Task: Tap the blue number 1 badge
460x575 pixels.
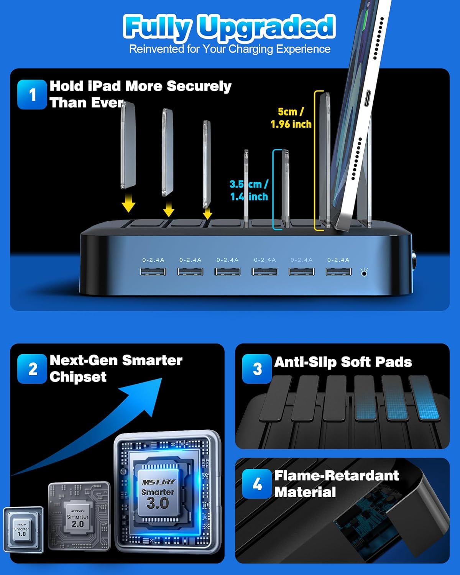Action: coord(32,95)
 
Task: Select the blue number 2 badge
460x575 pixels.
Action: coord(32,369)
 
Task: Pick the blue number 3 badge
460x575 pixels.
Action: coord(257,369)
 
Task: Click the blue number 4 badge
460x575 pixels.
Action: coord(257,484)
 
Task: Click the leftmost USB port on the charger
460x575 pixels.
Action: coord(153,271)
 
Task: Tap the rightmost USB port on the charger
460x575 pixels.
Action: coord(338,271)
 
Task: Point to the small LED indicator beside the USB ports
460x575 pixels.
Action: coord(364,273)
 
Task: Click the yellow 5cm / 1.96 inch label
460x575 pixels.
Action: coord(291,118)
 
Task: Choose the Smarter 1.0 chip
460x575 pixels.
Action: coord(23,529)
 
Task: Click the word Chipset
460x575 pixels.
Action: coord(78,377)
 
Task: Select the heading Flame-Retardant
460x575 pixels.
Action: coord(337,476)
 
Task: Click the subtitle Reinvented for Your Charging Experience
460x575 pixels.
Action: coord(230,49)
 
